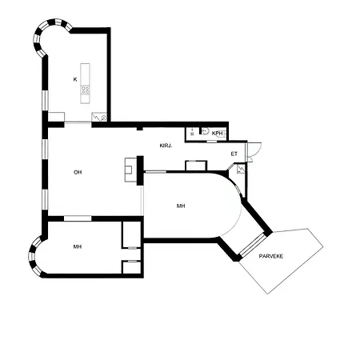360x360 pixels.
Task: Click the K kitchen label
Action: tap(75, 79)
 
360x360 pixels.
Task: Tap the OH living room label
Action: tap(78, 172)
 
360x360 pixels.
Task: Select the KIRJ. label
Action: tap(166, 146)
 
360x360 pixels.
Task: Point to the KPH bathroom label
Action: tap(217, 133)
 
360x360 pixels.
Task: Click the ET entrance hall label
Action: tap(234, 154)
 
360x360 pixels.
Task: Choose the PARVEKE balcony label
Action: tap(271, 256)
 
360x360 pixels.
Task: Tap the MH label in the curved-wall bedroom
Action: tap(181, 206)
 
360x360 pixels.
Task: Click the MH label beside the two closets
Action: tap(78, 246)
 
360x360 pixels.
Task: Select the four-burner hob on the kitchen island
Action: tap(86, 90)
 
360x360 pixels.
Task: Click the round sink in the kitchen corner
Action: tap(104, 118)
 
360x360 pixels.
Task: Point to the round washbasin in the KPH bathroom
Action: tap(205, 131)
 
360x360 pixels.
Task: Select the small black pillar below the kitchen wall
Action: tap(140, 129)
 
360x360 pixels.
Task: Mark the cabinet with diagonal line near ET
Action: tap(241, 169)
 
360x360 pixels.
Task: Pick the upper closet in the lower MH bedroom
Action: tap(131, 235)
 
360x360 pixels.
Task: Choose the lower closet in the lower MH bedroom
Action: tap(131, 267)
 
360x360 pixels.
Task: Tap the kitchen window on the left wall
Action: tap(45, 100)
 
